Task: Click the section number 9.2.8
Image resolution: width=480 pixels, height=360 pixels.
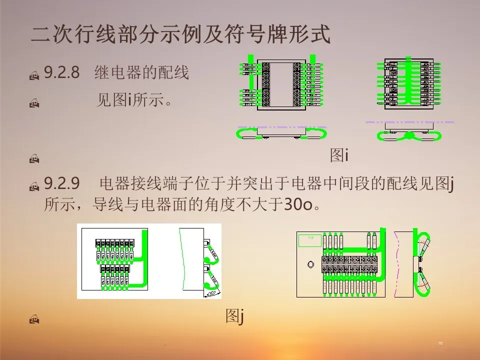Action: tap(62, 73)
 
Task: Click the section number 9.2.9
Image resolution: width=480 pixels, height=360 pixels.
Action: tap(62, 184)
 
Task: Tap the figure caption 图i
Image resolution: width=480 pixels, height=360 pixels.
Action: tap(339, 156)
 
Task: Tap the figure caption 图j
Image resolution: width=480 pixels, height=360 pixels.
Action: tap(234, 316)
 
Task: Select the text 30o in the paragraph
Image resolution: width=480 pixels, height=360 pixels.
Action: tap(299, 205)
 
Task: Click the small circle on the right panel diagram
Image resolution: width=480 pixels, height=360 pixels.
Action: tap(310, 263)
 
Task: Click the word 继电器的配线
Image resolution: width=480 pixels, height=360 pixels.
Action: tap(142, 73)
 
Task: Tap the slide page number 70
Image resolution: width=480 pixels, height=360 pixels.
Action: tap(440, 343)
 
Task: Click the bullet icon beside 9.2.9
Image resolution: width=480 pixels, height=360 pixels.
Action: tap(34, 187)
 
